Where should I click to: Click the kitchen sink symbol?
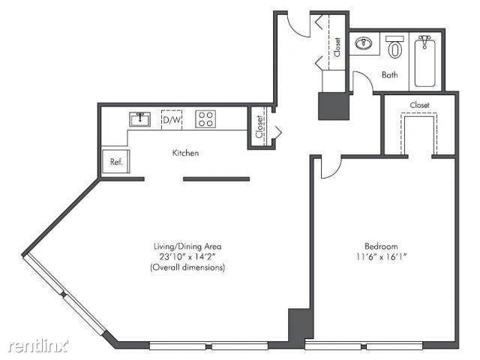(140, 119)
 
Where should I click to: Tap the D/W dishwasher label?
(172, 119)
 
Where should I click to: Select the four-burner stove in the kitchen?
(205, 118)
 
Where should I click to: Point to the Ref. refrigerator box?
(116, 160)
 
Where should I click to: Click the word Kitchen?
(185, 153)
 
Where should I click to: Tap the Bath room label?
(389, 75)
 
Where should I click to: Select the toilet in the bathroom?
(395, 48)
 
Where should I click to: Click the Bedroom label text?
(380, 246)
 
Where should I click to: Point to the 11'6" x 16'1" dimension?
(380, 256)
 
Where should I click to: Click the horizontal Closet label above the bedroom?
(419, 106)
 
